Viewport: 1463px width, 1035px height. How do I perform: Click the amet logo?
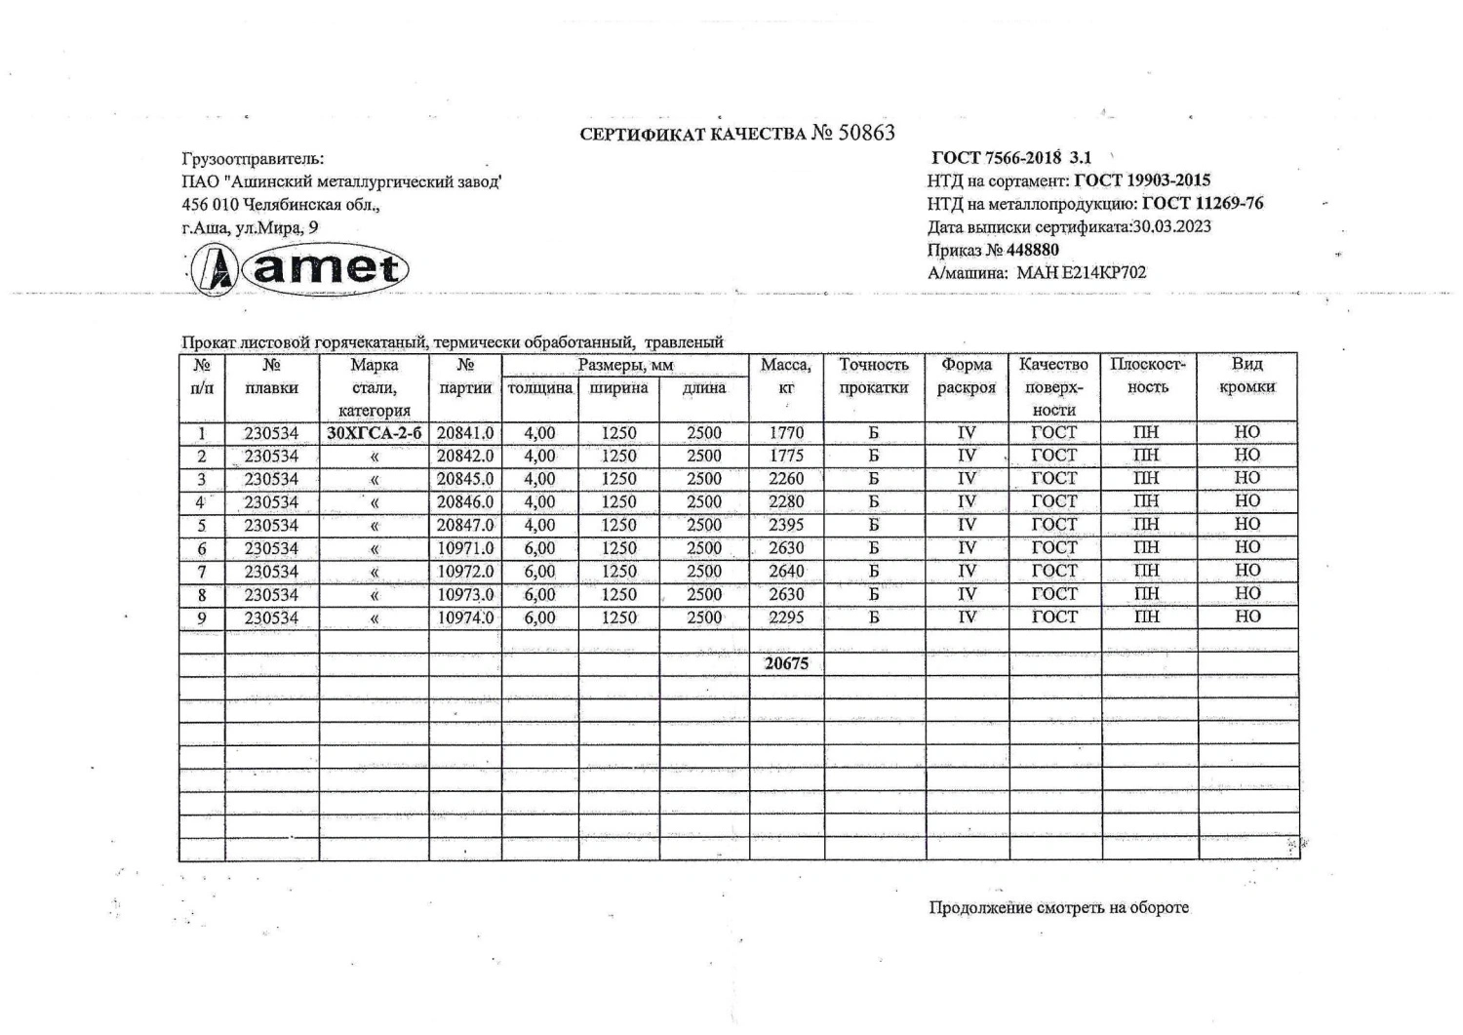coord(298,268)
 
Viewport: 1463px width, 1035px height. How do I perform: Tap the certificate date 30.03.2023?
coord(1171,226)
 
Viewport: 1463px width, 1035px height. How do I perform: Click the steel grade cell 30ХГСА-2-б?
coord(375,433)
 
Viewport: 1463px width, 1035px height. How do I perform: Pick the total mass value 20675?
coord(786,663)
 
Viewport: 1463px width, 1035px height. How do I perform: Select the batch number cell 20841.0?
coord(465,433)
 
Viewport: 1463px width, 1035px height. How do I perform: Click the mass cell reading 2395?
coord(786,525)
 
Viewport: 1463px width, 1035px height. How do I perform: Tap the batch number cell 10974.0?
coord(465,617)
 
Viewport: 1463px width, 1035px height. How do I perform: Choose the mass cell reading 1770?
coord(786,433)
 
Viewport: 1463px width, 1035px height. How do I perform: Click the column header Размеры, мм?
coord(625,366)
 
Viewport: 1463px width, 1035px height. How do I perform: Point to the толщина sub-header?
coord(540,388)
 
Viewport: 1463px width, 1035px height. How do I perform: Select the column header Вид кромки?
coord(1247,376)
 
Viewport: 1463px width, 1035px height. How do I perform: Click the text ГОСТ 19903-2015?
coord(1142,180)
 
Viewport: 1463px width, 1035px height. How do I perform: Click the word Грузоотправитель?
coord(253,158)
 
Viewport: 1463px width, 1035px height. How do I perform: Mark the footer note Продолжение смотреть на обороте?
coord(1058,907)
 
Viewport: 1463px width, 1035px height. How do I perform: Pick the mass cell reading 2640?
coord(786,572)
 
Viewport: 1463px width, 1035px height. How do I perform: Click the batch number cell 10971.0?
coord(465,548)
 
